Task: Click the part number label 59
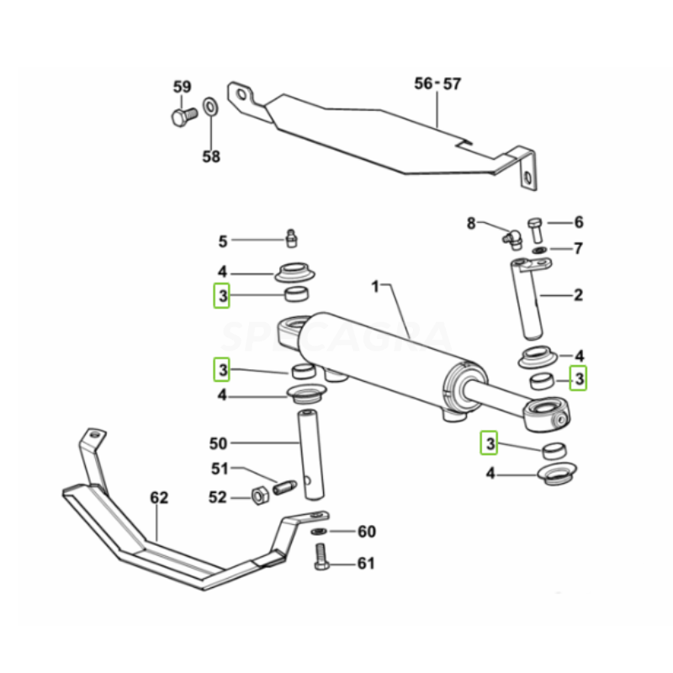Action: click(183, 87)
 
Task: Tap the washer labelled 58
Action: click(210, 108)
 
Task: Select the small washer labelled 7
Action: click(538, 250)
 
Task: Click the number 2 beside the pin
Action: click(578, 295)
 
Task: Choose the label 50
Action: click(218, 442)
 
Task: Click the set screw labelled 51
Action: click(282, 485)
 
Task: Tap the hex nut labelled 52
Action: click(261, 495)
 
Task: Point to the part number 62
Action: click(159, 498)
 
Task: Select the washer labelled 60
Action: click(319, 532)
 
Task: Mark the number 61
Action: click(366, 563)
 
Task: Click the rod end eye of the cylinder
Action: click(550, 412)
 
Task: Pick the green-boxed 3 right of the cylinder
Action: click(578, 379)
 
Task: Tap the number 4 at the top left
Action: click(222, 272)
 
